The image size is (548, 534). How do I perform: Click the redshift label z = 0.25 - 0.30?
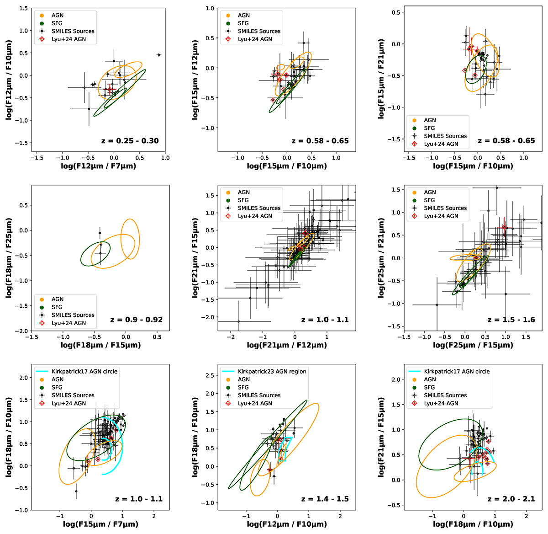click(x=130, y=141)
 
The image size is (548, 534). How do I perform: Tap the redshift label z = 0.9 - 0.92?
click(x=136, y=320)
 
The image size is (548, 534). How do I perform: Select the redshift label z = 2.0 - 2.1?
click(x=511, y=499)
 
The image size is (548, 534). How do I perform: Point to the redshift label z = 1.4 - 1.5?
click(x=325, y=499)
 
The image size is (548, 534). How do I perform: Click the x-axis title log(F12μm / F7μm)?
click(x=99, y=166)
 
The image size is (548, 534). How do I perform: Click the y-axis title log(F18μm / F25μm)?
click(x=9, y=258)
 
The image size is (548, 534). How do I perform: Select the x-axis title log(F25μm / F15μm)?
click(x=473, y=345)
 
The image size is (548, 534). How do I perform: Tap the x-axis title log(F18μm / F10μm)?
click(x=473, y=524)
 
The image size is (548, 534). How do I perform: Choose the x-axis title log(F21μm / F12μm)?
click(x=287, y=345)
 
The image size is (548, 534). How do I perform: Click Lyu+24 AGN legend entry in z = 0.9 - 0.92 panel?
click(x=68, y=323)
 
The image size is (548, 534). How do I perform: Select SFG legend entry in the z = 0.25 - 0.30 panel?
click(x=57, y=23)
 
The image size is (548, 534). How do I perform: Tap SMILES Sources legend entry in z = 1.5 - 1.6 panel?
click(x=445, y=208)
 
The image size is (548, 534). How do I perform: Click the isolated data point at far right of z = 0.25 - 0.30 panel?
click(x=159, y=55)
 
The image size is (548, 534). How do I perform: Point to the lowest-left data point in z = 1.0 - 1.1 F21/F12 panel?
click(x=238, y=321)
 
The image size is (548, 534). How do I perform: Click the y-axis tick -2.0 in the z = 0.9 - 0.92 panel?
click(x=22, y=331)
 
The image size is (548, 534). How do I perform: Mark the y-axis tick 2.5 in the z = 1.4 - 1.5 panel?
click(x=209, y=375)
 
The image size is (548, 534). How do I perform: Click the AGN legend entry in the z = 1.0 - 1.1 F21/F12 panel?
click(x=244, y=192)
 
